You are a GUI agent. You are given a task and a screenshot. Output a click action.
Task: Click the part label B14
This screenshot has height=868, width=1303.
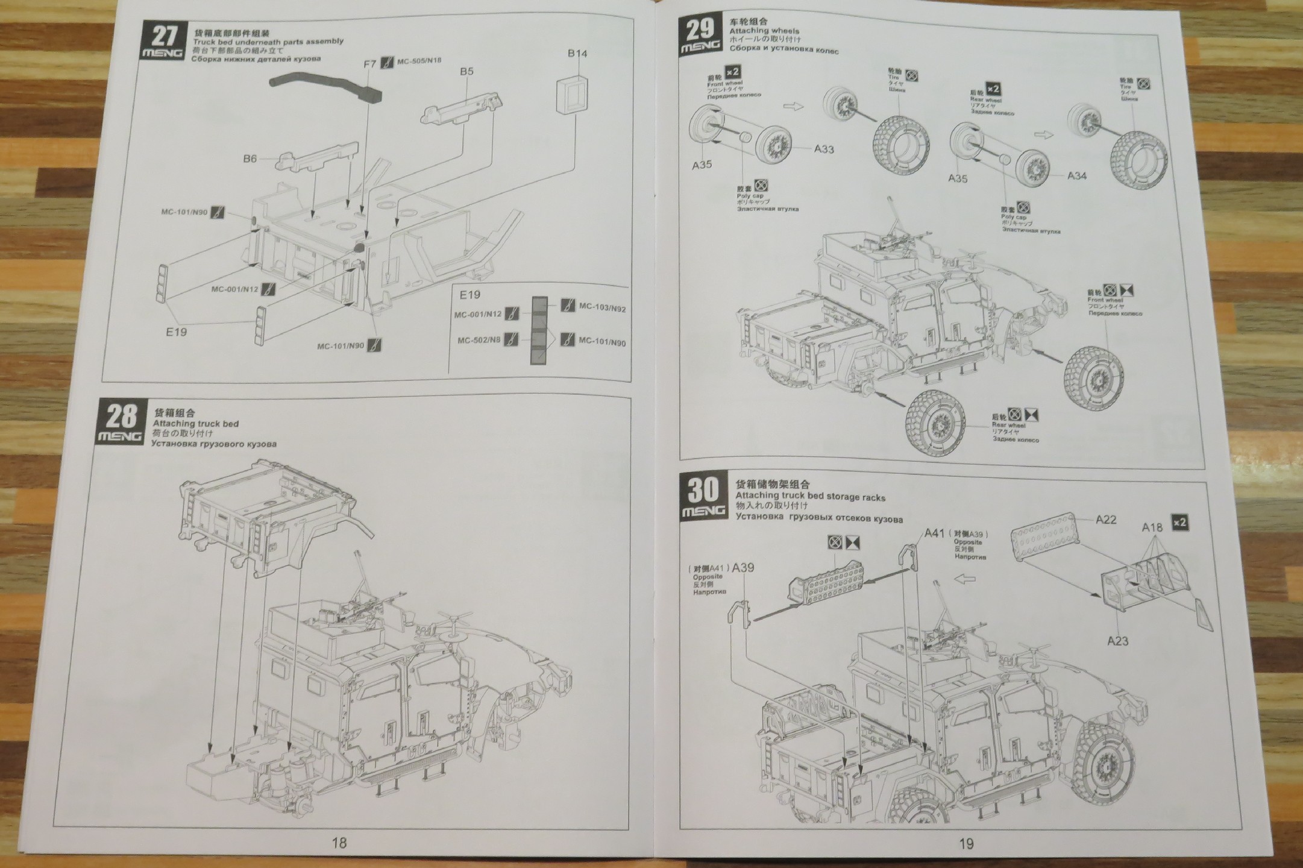pyautogui.click(x=577, y=54)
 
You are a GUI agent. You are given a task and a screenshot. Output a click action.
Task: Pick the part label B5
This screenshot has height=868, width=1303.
pyautogui.click(x=466, y=71)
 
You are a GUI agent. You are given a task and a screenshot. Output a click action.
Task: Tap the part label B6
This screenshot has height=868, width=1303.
pyautogui.click(x=250, y=159)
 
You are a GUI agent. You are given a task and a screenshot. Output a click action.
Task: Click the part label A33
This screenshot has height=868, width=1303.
pyautogui.click(x=823, y=149)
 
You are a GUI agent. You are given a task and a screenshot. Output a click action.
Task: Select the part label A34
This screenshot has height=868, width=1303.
pyautogui.click(x=1076, y=176)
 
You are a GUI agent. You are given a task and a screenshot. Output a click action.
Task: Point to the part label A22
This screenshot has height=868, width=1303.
pyautogui.click(x=1106, y=520)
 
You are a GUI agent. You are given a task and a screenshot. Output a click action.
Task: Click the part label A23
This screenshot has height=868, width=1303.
pyautogui.click(x=1117, y=641)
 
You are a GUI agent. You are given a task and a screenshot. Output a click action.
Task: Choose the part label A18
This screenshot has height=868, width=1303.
pyautogui.click(x=1152, y=527)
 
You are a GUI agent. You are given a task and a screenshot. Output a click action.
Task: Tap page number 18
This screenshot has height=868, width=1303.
pyautogui.click(x=339, y=843)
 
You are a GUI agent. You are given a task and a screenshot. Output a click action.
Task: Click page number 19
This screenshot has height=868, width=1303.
pyautogui.click(x=965, y=844)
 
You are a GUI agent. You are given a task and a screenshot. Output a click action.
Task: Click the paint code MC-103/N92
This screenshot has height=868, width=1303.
pyautogui.click(x=601, y=308)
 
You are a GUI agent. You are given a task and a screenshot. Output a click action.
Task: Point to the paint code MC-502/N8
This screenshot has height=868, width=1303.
pyautogui.click(x=479, y=341)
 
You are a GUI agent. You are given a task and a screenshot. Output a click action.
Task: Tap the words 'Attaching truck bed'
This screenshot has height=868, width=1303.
pyautogui.click(x=196, y=424)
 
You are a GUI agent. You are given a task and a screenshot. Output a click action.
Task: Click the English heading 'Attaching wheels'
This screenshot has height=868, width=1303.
pyautogui.click(x=764, y=31)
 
